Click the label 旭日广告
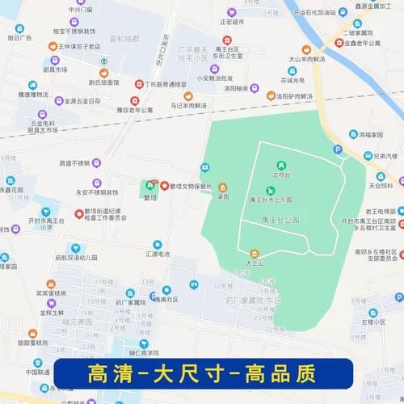click(x=21, y=38)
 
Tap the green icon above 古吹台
click(x=281, y=165)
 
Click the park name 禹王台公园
click(x=280, y=220)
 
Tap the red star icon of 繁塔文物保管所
click(x=165, y=186)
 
